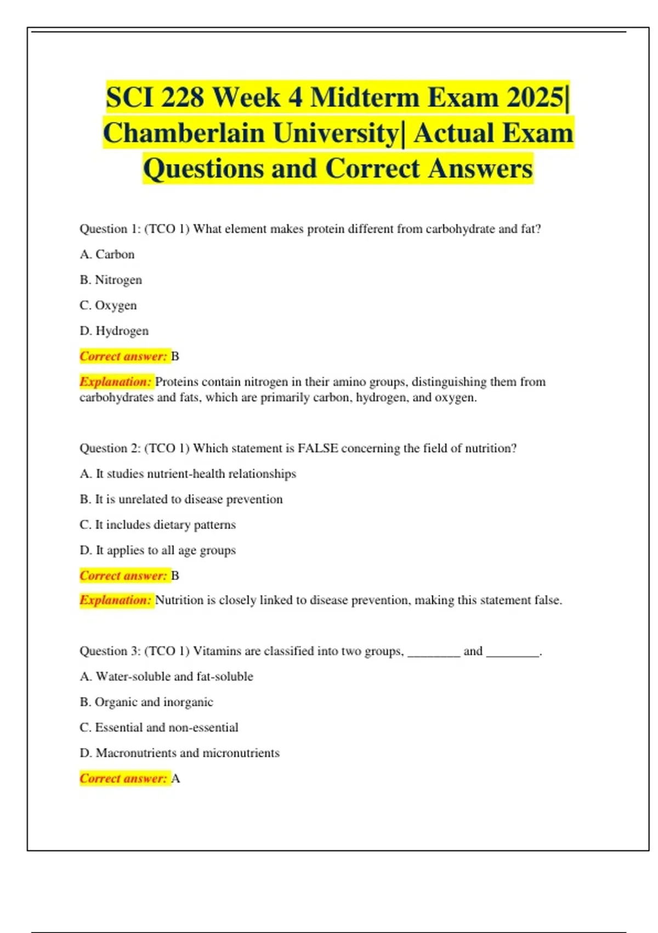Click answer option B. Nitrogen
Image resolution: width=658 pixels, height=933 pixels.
pos(111,280)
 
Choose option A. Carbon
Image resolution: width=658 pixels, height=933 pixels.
pos(107,254)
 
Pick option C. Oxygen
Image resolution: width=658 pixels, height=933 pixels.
pos(108,305)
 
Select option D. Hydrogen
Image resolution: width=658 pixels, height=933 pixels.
pos(114,331)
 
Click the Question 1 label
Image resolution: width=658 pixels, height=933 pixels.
pos(110,229)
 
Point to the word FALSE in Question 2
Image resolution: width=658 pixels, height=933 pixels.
pos(317,448)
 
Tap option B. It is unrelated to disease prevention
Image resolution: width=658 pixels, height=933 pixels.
pos(181,499)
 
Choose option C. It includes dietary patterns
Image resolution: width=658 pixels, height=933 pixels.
pos(157,525)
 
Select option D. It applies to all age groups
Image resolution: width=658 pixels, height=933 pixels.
pos(157,550)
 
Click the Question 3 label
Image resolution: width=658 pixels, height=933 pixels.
pos(110,651)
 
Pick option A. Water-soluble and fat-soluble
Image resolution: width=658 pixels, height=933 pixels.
pos(166,677)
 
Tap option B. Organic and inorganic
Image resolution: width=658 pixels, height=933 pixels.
pos(146,702)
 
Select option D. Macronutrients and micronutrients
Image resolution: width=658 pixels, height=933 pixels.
pos(179,753)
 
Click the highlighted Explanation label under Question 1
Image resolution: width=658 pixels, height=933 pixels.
pos(115,381)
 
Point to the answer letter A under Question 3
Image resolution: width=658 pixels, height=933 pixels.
pos(175,779)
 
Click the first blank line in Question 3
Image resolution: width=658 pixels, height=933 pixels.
pos(434,653)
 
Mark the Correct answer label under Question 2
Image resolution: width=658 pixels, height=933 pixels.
pos(123,576)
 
